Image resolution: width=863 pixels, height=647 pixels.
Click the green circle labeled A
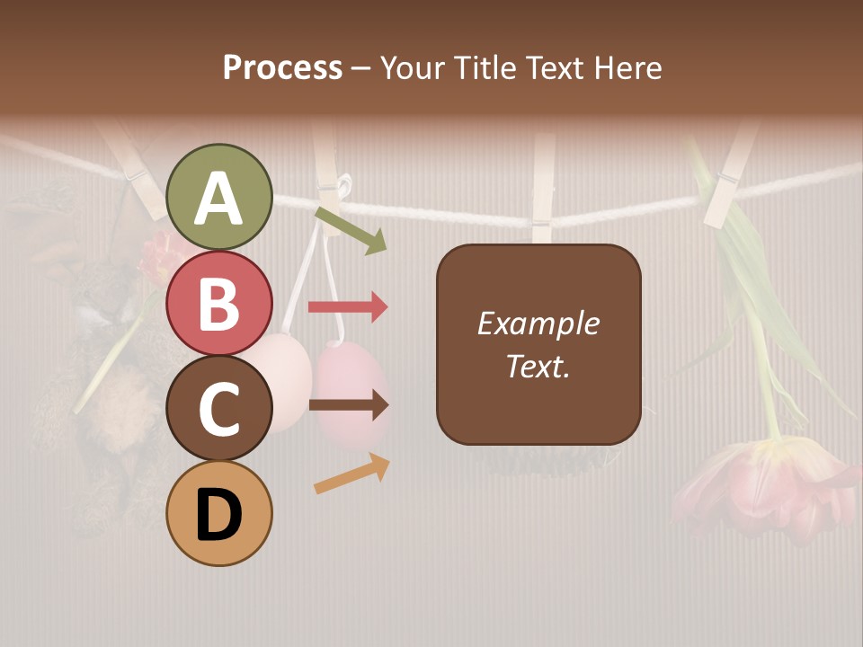click(219, 197)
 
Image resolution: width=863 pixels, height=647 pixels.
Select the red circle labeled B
click(219, 303)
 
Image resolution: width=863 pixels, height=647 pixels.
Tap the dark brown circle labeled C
click(219, 408)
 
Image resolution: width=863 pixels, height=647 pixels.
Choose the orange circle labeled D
click(219, 513)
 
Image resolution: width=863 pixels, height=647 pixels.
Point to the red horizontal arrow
click(348, 307)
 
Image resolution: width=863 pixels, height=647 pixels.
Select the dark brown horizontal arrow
click(348, 405)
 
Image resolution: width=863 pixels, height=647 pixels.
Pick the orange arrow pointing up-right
click(351, 474)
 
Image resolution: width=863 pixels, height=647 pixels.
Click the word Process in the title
click(282, 68)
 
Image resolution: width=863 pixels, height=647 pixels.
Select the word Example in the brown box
click(538, 323)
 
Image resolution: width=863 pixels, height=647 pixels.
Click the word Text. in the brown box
click(538, 366)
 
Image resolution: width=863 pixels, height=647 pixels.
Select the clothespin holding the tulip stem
click(728, 180)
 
